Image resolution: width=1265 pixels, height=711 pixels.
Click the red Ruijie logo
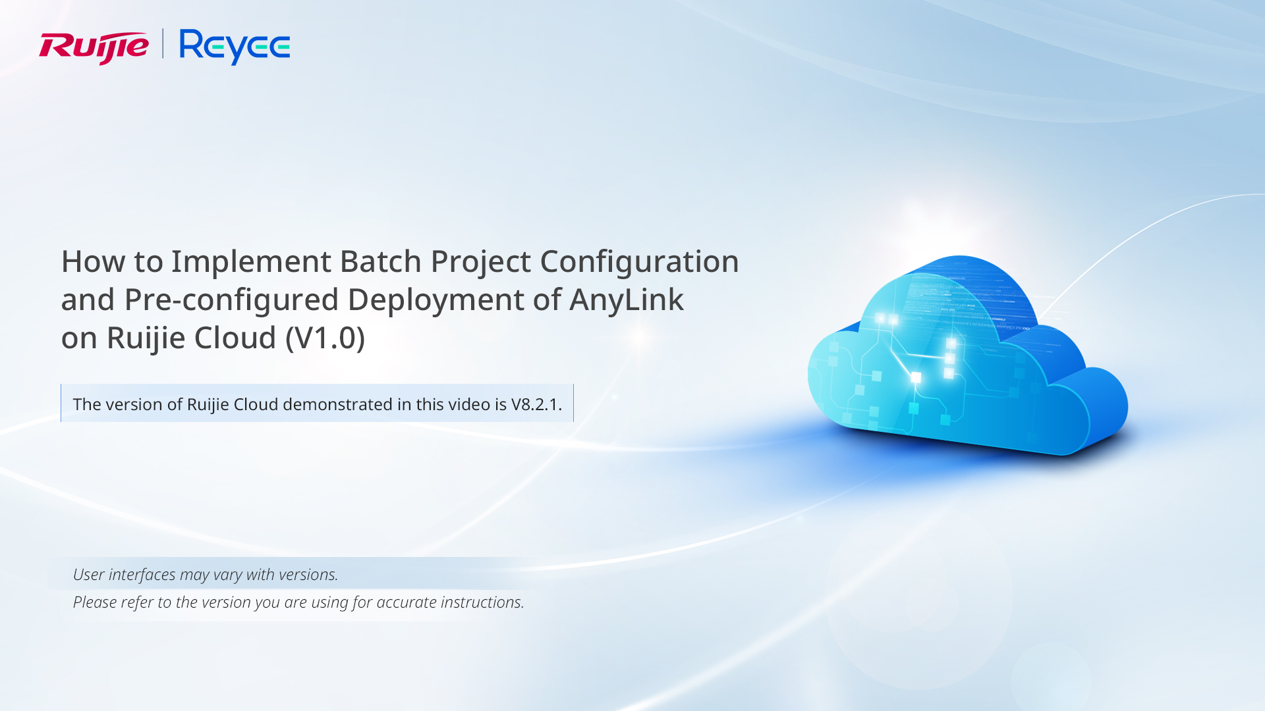[x=94, y=47]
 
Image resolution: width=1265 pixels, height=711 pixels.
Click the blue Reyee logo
[x=235, y=47]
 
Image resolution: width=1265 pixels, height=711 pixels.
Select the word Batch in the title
[x=381, y=261]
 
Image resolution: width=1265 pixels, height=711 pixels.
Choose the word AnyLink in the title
[x=627, y=300]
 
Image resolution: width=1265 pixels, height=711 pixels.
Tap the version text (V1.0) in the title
[x=325, y=338]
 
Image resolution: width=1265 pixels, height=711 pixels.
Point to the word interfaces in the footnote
[x=142, y=575]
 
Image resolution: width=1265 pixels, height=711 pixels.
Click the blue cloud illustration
[x=967, y=355]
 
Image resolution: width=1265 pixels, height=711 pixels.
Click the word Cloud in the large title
[x=235, y=338]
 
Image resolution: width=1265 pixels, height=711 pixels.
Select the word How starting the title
[x=93, y=261]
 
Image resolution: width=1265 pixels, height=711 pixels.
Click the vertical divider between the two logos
[x=163, y=43]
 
